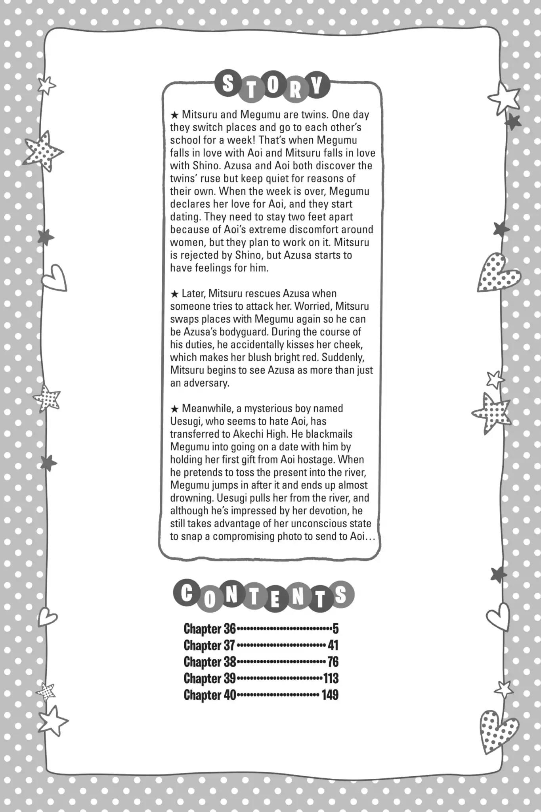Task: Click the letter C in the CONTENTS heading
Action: tap(186, 594)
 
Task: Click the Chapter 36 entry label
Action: tap(210, 629)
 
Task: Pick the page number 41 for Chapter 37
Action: tap(333, 645)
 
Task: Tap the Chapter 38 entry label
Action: tap(210, 662)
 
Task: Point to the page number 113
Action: tap(331, 678)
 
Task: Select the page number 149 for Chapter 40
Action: tap(330, 695)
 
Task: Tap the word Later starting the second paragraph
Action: tap(193, 293)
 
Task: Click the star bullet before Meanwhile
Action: tap(174, 409)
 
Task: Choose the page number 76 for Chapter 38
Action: tap(333, 662)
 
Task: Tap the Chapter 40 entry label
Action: tap(210, 695)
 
